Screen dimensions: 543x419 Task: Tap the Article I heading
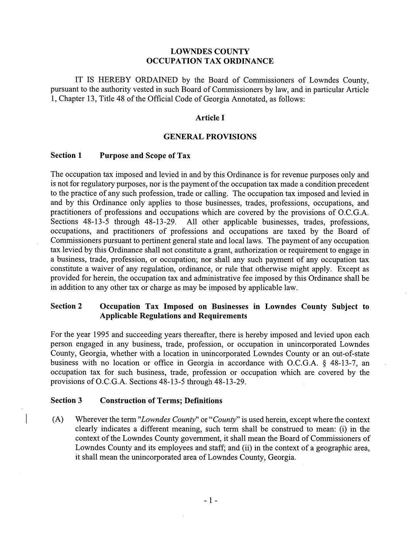(x=210, y=118)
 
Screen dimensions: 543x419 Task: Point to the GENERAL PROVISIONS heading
(x=210, y=137)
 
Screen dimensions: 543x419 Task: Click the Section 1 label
(x=66, y=156)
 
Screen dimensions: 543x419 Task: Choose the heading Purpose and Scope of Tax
(x=145, y=156)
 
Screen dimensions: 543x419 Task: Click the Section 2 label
(x=66, y=306)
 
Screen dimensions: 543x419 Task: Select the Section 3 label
(x=66, y=401)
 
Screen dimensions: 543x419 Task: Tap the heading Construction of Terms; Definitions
(x=161, y=401)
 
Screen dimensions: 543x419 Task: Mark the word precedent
(x=353, y=184)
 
